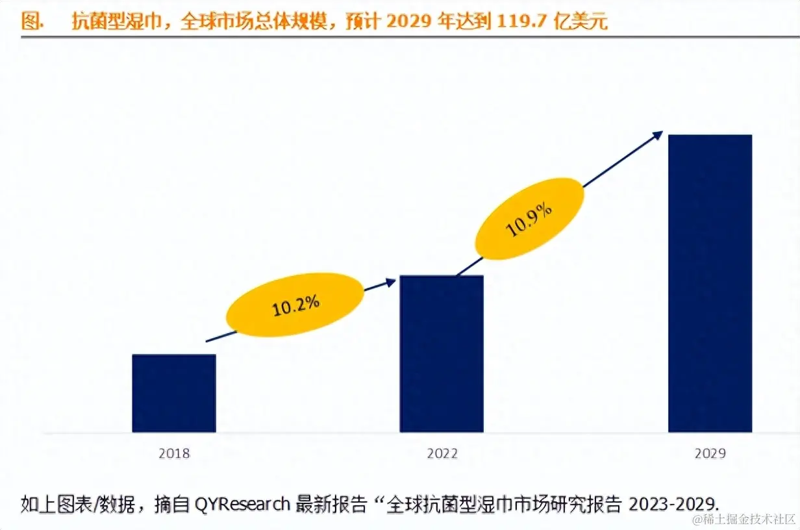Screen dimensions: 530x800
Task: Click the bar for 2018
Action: pyautogui.click(x=173, y=393)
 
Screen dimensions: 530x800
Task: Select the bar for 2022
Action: pyautogui.click(x=441, y=354)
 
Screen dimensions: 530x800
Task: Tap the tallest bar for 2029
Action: pyautogui.click(x=710, y=283)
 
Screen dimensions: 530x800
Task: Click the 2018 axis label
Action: pyautogui.click(x=174, y=453)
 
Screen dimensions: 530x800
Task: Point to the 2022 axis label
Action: pyautogui.click(x=442, y=453)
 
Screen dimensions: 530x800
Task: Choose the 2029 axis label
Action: pyautogui.click(x=710, y=453)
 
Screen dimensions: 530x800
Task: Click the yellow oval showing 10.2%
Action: pyautogui.click(x=295, y=305)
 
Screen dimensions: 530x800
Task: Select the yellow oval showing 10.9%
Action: pyautogui.click(x=530, y=219)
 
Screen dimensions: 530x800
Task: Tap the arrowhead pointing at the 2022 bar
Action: pyautogui.click(x=390, y=281)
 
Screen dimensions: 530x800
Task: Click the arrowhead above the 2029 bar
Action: pyautogui.click(x=658, y=134)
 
